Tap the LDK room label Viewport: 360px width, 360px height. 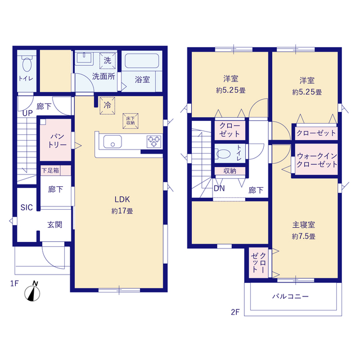pos(123,199)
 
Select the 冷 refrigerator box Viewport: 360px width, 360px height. pos(107,105)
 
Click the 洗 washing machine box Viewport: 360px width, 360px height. pos(107,61)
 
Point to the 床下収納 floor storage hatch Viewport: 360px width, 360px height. pos(130,121)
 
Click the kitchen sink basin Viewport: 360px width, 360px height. pos(112,142)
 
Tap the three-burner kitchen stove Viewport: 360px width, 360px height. pos(154,141)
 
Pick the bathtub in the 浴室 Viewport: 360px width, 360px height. pos(142,61)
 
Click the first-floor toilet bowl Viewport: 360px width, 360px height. pos(27,64)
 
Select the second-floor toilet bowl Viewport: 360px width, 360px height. pos(223,154)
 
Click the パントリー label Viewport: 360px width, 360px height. pos(57,141)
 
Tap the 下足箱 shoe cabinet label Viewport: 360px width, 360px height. pos(50,170)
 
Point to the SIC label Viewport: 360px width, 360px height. pos(26,208)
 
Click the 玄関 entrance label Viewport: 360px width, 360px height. pos(55,224)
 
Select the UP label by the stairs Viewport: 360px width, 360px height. pos(28,113)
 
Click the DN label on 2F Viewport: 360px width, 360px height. pos(219,188)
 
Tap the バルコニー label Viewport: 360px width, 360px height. pos(290,296)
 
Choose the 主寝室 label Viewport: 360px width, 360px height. pos(304,225)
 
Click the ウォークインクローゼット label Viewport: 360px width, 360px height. pos(317,160)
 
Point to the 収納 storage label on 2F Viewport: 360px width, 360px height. pos(229,171)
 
